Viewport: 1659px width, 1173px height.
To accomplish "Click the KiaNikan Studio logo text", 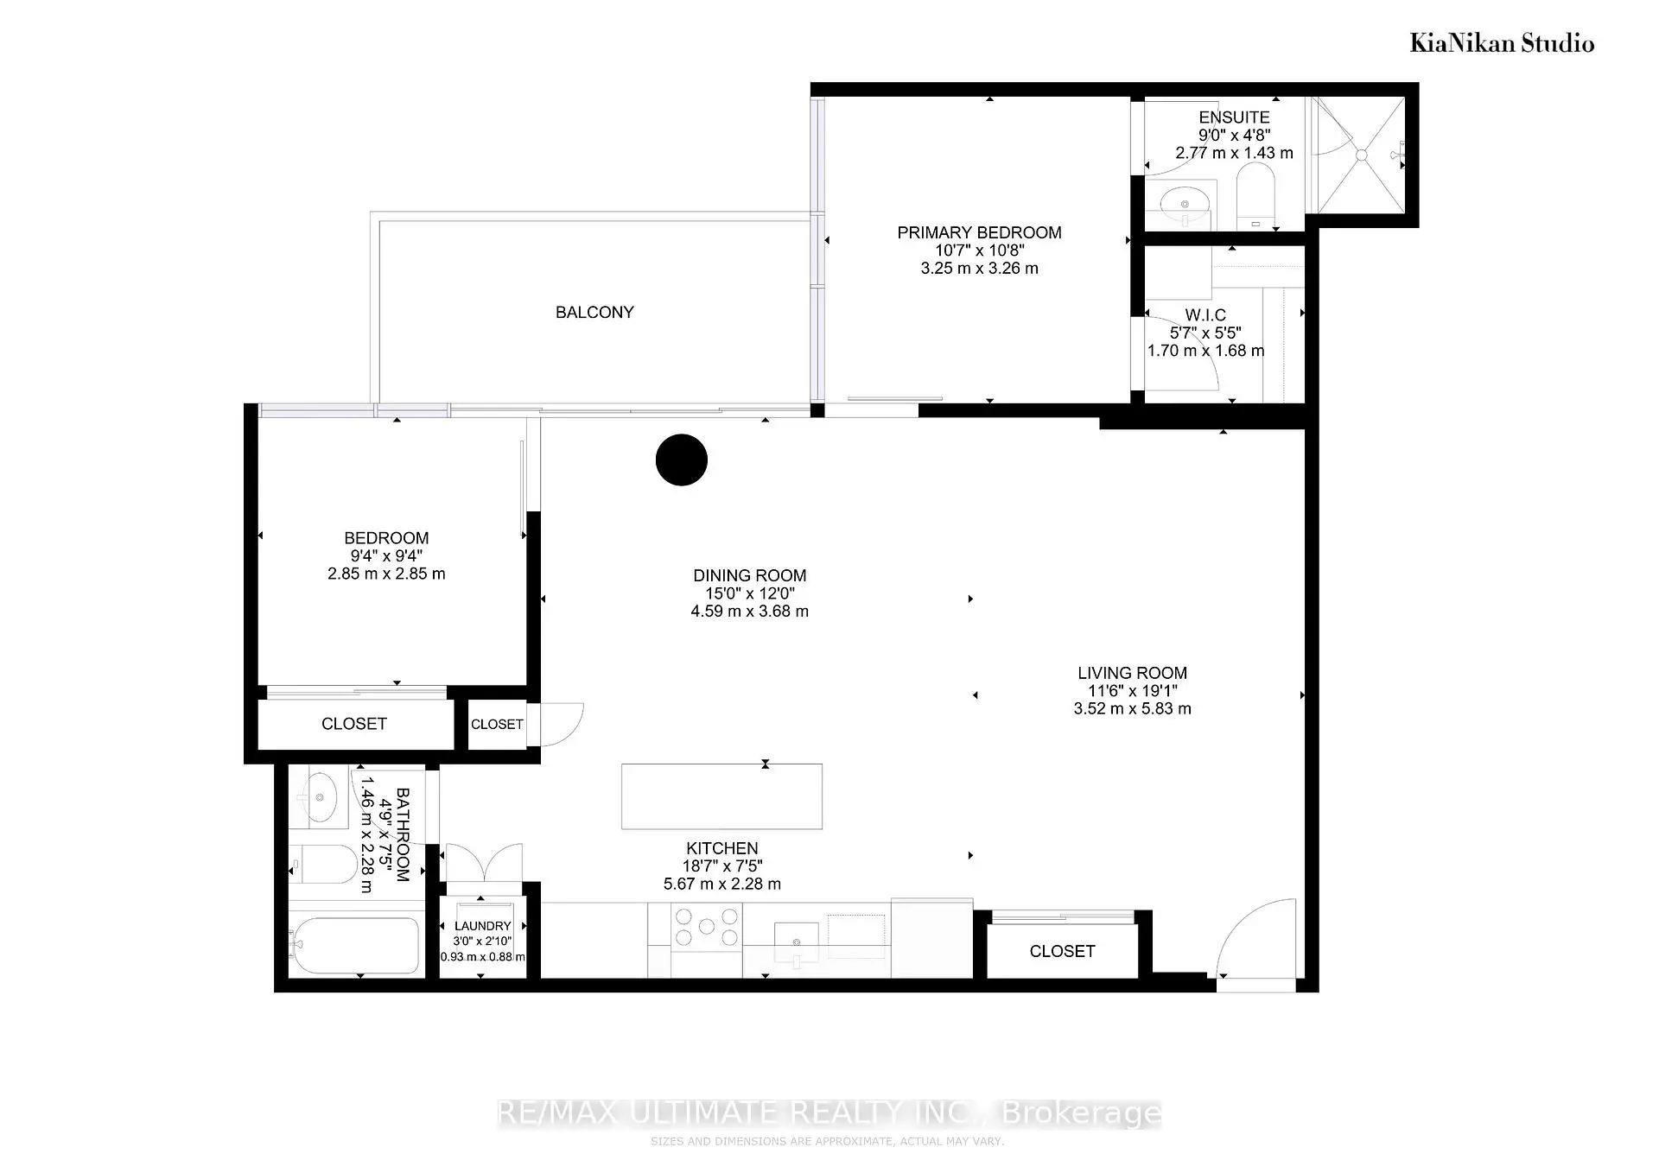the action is (1502, 43).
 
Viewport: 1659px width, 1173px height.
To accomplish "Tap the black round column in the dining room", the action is (682, 460).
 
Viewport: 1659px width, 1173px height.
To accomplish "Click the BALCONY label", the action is (594, 312).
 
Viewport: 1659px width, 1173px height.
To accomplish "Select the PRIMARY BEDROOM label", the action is (979, 232).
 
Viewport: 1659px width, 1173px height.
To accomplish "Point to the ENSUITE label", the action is (1234, 117).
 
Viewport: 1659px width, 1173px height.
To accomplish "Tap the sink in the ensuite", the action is (1185, 206).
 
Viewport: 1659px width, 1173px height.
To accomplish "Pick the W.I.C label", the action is (1205, 315).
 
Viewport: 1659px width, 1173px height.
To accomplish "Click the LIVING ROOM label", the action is (1132, 673).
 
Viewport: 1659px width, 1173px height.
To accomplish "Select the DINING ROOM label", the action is (749, 575).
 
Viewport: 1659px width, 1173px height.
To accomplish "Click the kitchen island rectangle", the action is (721, 796).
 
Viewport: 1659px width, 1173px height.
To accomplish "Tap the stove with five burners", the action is (707, 927).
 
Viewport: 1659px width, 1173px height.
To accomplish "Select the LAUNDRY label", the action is (483, 926).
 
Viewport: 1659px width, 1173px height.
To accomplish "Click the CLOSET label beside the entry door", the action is (1062, 951).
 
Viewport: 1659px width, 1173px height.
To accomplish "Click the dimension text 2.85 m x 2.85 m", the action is (386, 574).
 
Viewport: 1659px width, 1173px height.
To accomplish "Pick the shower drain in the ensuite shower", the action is (1361, 155).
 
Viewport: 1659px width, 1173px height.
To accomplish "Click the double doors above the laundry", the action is (483, 862).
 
